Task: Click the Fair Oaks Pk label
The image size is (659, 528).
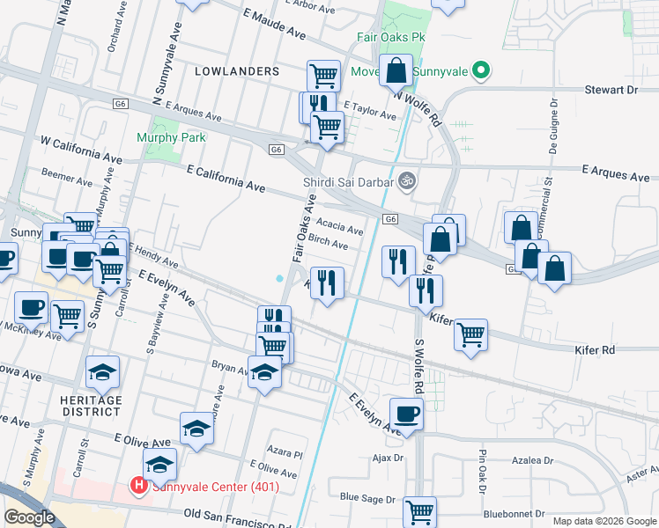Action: [x=390, y=39]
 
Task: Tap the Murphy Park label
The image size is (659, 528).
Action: [x=171, y=137]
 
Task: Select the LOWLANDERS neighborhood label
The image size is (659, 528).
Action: [x=236, y=70]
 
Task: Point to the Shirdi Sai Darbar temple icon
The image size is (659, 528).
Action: [x=405, y=181]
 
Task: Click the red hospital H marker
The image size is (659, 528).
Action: [x=138, y=485]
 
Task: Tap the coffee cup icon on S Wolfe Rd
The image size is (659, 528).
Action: [x=406, y=413]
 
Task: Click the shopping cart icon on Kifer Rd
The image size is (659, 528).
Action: [x=471, y=334]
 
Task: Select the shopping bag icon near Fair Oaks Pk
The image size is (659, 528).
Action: [x=396, y=70]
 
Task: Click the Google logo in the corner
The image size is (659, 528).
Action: [x=30, y=517]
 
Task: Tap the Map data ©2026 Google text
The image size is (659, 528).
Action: [x=603, y=521]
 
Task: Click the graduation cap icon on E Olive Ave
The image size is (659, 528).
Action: [x=196, y=428]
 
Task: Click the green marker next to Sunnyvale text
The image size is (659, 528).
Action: [x=480, y=70]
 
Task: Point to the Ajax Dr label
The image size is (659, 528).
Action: [x=387, y=458]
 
